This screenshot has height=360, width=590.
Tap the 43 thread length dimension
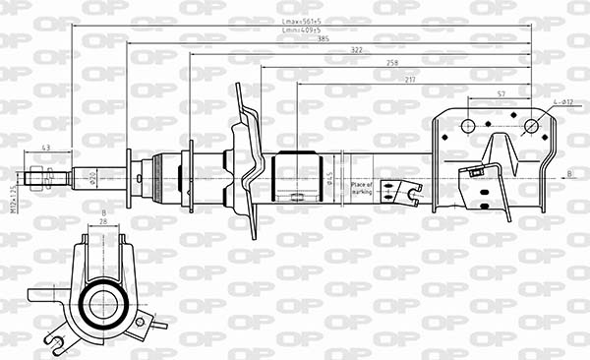[46, 148]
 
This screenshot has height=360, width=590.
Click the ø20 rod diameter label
[91, 178]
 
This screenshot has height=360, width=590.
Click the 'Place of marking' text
[360, 187]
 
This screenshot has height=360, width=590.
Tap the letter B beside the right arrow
[569, 174]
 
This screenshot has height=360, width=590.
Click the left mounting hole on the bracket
[468, 125]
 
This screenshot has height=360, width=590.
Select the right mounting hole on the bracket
[532, 125]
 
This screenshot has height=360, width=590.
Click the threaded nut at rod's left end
[40, 178]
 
